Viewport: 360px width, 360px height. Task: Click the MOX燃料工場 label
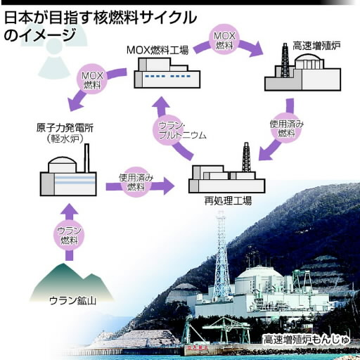pyautogui.click(x=157, y=50)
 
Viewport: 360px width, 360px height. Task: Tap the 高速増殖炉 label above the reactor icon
pyautogui.click(x=316, y=46)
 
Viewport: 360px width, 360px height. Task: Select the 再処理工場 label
pyautogui.click(x=228, y=201)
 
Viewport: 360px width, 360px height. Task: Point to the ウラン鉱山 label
pyautogui.click(x=72, y=301)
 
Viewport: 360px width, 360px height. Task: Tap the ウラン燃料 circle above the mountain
pyautogui.click(x=69, y=236)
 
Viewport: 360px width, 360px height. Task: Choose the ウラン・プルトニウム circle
pyautogui.click(x=168, y=131)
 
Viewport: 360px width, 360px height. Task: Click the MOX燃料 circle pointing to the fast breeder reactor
pyautogui.click(x=224, y=39)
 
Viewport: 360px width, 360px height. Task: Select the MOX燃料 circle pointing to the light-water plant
pyautogui.click(x=92, y=79)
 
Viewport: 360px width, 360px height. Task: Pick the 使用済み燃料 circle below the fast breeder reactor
pyautogui.click(x=286, y=128)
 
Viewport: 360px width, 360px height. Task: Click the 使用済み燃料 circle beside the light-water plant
pyautogui.click(x=136, y=182)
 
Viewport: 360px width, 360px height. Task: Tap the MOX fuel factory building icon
pyautogui.click(x=167, y=73)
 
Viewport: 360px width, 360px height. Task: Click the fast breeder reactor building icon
pyautogui.click(x=302, y=68)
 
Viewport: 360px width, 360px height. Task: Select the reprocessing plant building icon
pyautogui.click(x=226, y=168)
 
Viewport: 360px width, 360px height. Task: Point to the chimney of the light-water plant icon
pyautogui.click(x=86, y=158)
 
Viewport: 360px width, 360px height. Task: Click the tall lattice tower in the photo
pyautogui.click(x=221, y=255)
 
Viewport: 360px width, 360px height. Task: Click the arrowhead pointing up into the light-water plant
pyautogui.click(x=69, y=209)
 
